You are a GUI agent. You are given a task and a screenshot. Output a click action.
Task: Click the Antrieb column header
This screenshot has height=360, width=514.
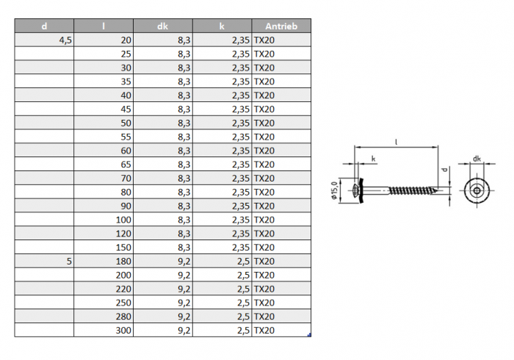[x=281, y=26]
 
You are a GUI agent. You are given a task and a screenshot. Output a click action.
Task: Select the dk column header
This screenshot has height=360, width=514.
[x=162, y=26]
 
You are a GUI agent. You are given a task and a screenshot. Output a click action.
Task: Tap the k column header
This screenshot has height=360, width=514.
[x=222, y=26]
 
